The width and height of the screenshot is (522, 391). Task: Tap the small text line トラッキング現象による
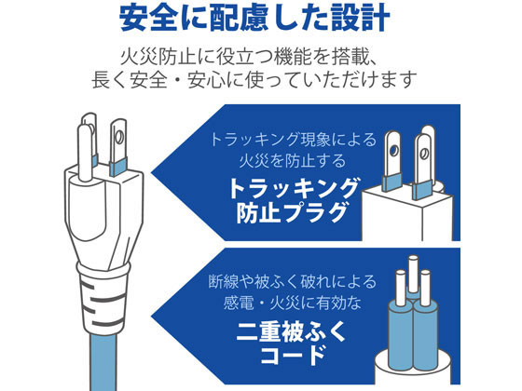tap(293, 141)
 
